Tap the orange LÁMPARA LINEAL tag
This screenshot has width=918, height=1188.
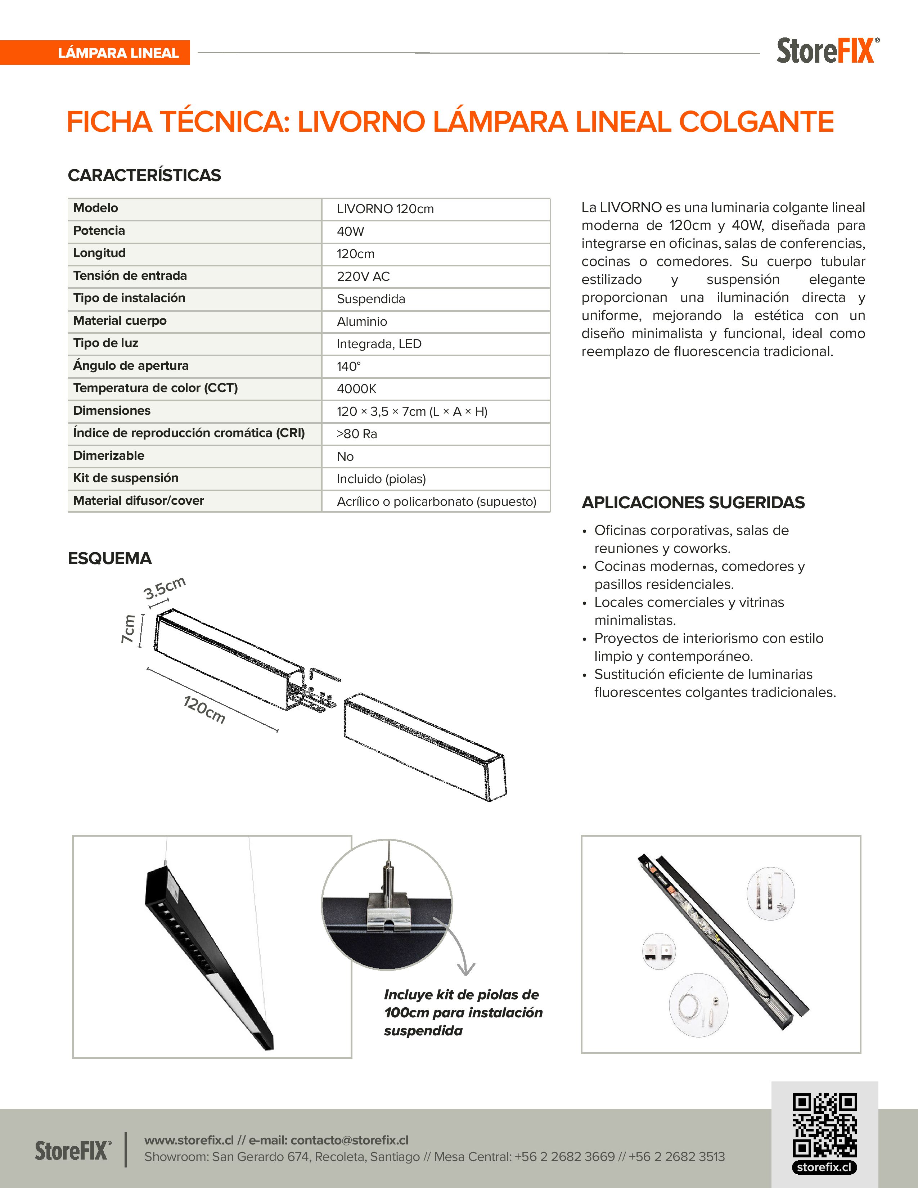pyautogui.click(x=118, y=53)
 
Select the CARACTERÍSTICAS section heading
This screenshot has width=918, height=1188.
pyautogui.click(x=144, y=175)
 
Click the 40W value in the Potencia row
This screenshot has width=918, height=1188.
pyautogui.click(x=350, y=231)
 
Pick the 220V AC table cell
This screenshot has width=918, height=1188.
pyautogui.click(x=363, y=276)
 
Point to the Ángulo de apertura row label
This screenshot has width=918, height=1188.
pyautogui.click(x=131, y=365)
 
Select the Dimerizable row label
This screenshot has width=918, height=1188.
pyautogui.click(x=109, y=455)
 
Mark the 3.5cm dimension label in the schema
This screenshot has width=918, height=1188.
pyautogui.click(x=164, y=588)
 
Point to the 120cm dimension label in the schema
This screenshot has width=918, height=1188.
pyautogui.click(x=204, y=709)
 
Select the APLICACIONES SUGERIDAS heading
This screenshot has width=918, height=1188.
pyautogui.click(x=693, y=502)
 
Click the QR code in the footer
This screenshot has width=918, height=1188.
pyautogui.click(x=824, y=1125)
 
